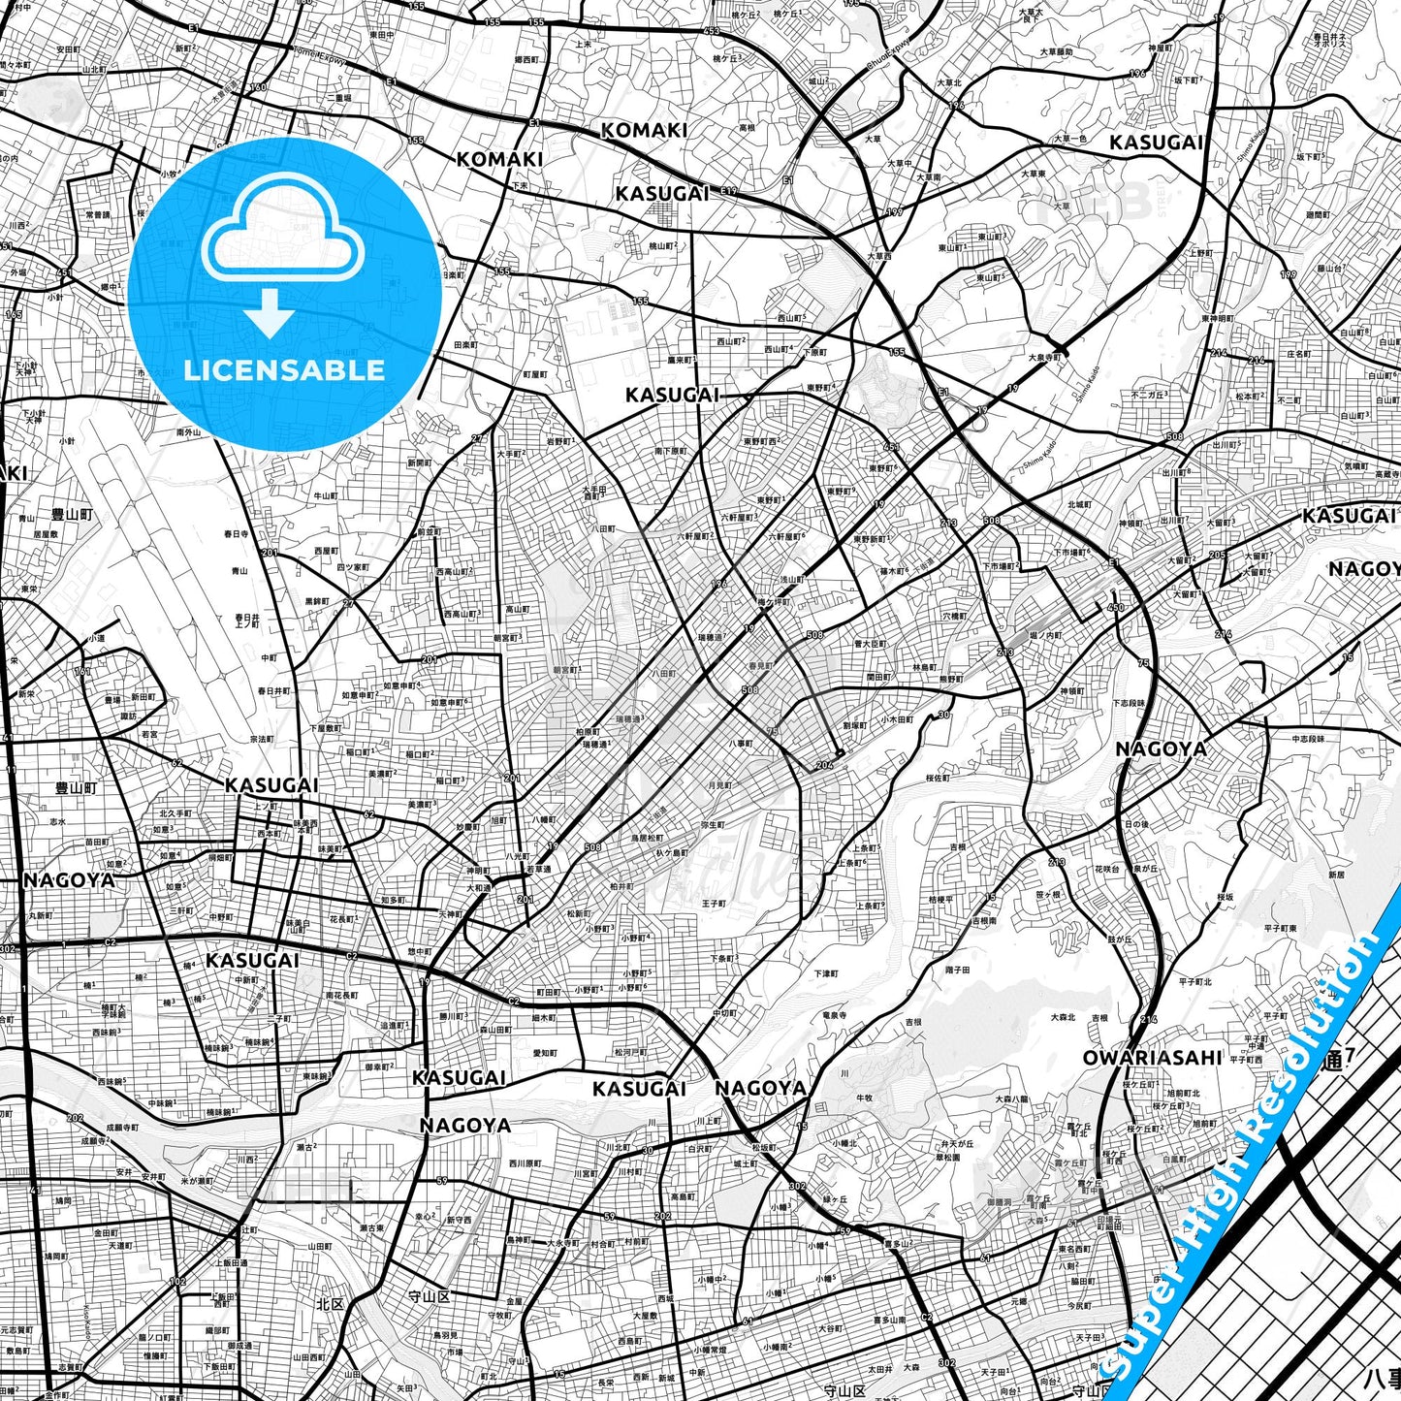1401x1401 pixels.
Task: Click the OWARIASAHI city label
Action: click(x=1153, y=1057)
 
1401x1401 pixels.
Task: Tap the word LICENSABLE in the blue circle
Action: click(x=284, y=369)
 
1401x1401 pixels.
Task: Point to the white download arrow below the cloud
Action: click(x=270, y=313)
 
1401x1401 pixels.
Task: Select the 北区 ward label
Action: click(x=330, y=1304)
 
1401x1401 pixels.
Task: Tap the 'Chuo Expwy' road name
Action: click(x=889, y=57)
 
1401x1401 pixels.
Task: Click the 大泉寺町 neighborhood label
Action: click(x=1045, y=357)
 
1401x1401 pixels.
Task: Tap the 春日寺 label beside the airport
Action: click(x=236, y=534)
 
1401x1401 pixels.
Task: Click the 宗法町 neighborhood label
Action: click(x=262, y=739)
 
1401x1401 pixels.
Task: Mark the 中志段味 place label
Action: click(x=1308, y=740)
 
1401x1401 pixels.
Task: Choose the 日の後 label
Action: click(x=1136, y=824)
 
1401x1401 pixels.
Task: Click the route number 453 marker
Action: click(x=712, y=31)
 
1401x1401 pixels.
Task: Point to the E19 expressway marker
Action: click(x=728, y=193)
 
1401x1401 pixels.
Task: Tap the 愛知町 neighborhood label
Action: click(x=545, y=1053)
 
